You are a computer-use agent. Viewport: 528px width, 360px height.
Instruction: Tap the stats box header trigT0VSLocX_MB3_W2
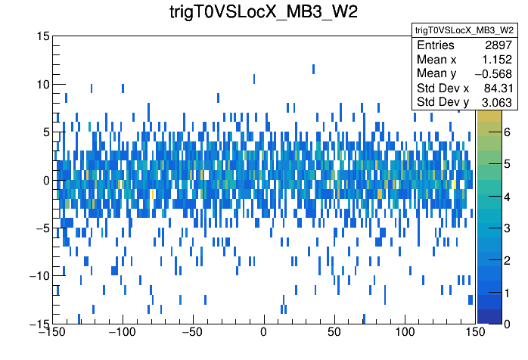tap(464, 29)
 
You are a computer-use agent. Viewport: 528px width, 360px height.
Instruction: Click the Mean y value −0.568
tap(493, 73)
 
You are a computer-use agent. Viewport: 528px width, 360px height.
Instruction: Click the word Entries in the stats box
tap(436, 45)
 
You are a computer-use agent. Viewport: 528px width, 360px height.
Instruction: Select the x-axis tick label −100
tap(122, 332)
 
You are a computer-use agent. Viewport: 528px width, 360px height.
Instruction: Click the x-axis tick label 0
tap(264, 332)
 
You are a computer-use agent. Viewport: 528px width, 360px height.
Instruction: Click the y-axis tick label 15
tap(43, 36)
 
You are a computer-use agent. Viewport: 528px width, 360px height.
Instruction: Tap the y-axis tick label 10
tap(43, 84)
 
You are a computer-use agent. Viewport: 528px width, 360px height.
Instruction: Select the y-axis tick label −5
tap(41, 228)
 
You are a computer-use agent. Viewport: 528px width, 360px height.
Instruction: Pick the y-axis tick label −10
tap(38, 275)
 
